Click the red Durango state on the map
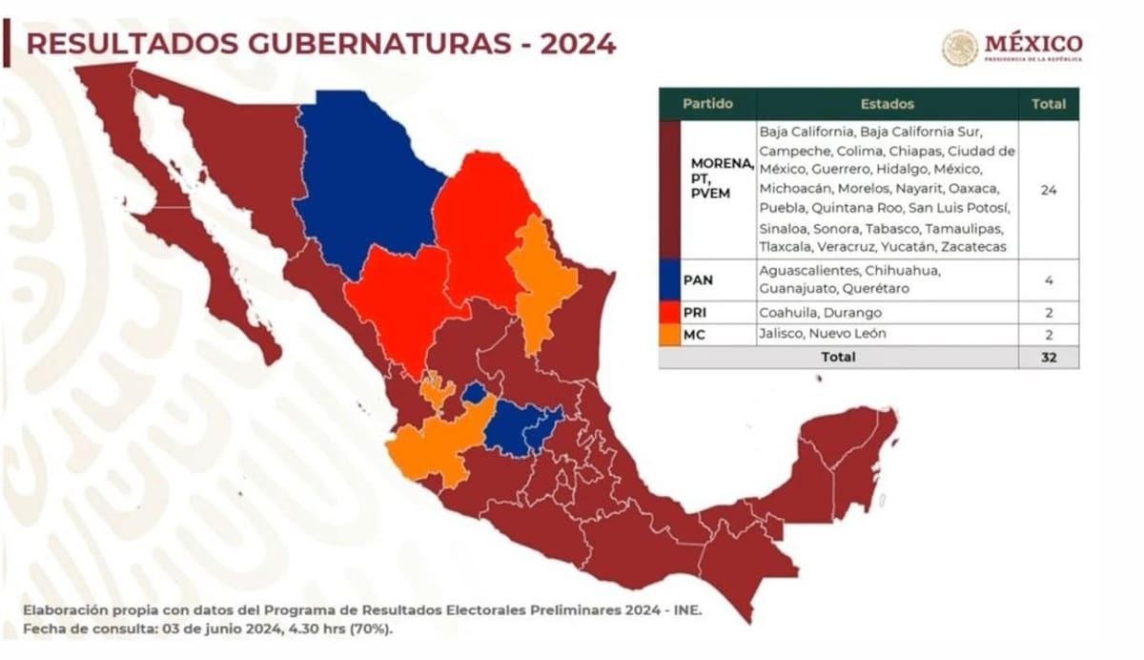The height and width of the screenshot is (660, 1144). click(x=396, y=296)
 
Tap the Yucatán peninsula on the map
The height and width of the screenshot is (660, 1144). click(x=848, y=458)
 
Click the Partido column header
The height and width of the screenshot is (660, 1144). click(x=707, y=104)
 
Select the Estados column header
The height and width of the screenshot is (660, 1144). click(x=887, y=104)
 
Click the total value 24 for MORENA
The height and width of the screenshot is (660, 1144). click(x=1049, y=190)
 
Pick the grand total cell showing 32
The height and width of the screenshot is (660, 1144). click(x=1049, y=357)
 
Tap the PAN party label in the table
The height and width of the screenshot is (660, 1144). click(x=699, y=280)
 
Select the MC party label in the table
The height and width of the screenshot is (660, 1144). click(x=695, y=334)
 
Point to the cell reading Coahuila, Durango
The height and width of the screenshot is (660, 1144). click(x=821, y=312)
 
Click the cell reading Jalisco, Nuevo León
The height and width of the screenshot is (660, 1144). click(x=823, y=334)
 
